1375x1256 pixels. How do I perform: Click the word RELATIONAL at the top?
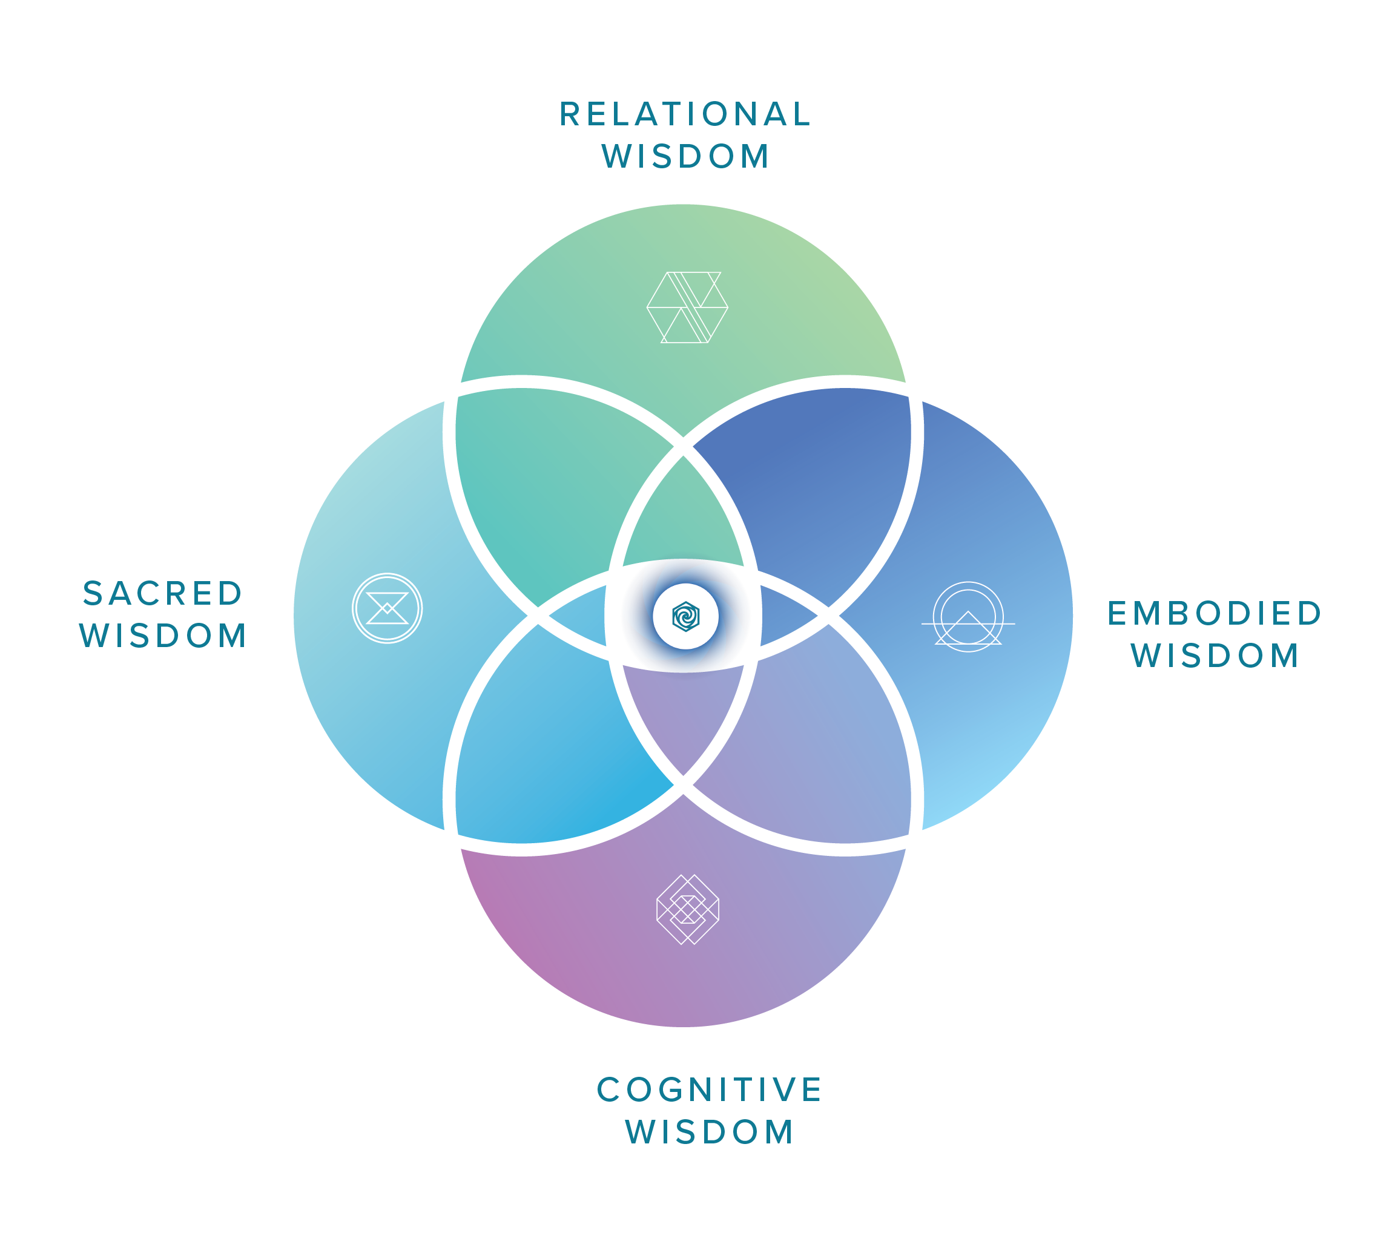point(685,114)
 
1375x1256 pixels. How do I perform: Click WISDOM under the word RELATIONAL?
point(685,156)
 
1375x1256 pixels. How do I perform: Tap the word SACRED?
point(163,593)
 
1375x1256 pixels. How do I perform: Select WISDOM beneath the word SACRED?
point(163,636)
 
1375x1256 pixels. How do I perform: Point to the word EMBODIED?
point(1215,613)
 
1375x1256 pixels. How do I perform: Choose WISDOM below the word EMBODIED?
point(1215,656)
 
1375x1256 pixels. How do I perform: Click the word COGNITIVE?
point(710,1089)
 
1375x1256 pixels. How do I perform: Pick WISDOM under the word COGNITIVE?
point(710,1132)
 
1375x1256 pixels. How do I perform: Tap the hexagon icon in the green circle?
point(687,307)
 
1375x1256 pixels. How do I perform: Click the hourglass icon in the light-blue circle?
point(387,608)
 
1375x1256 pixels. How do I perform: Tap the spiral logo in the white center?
point(685,616)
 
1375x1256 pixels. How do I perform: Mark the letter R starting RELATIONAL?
point(570,114)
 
